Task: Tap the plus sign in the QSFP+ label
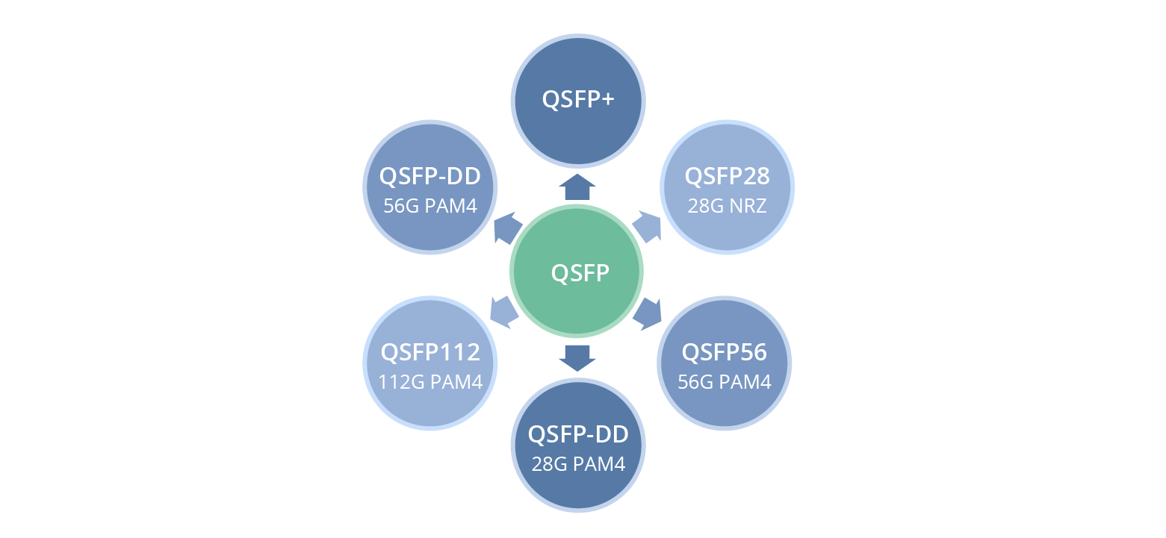(607, 100)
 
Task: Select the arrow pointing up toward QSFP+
(577, 187)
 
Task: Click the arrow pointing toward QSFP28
(648, 227)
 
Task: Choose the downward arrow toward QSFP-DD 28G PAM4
(577, 357)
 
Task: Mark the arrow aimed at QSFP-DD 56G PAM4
(507, 228)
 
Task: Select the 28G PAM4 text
(577, 464)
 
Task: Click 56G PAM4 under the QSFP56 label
(724, 382)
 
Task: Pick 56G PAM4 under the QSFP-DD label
(430, 206)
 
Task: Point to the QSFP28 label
(727, 177)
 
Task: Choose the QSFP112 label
(430, 352)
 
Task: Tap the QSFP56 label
(724, 352)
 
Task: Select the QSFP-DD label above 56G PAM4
(430, 177)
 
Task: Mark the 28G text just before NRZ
(706, 206)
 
